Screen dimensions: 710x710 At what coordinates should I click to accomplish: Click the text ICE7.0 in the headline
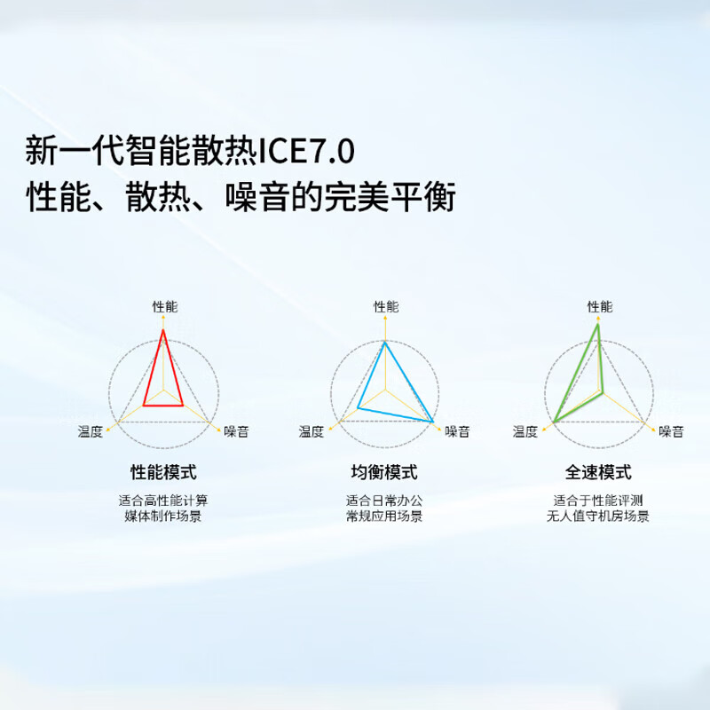point(307,151)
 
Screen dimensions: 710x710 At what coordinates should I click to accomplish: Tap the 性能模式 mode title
point(163,471)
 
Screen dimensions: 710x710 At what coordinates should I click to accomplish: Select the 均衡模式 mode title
point(384,471)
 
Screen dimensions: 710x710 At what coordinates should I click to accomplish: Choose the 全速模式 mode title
point(598,471)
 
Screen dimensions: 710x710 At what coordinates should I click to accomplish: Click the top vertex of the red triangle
point(162,330)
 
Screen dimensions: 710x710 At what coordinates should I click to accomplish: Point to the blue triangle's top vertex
point(385,343)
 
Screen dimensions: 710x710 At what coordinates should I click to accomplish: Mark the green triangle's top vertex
point(598,325)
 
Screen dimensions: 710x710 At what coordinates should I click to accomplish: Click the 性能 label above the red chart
point(164,307)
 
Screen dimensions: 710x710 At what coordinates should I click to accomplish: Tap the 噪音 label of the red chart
point(236,431)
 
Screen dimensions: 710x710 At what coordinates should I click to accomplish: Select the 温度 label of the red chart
point(91,431)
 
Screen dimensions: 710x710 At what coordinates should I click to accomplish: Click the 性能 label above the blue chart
point(386,307)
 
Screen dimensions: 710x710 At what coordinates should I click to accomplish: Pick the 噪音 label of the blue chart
point(457,431)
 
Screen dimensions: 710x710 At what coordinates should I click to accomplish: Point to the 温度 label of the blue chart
point(312,431)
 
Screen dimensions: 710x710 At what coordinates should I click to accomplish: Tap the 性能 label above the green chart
point(600,307)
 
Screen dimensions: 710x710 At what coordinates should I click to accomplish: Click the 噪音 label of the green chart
point(671,431)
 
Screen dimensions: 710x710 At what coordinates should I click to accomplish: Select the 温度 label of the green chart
point(525,431)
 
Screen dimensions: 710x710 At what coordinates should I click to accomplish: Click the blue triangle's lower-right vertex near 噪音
point(433,420)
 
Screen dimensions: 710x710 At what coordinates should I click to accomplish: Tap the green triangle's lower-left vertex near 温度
point(554,421)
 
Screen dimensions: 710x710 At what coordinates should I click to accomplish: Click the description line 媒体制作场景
point(163,516)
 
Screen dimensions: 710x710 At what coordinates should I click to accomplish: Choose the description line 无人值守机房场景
point(598,516)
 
